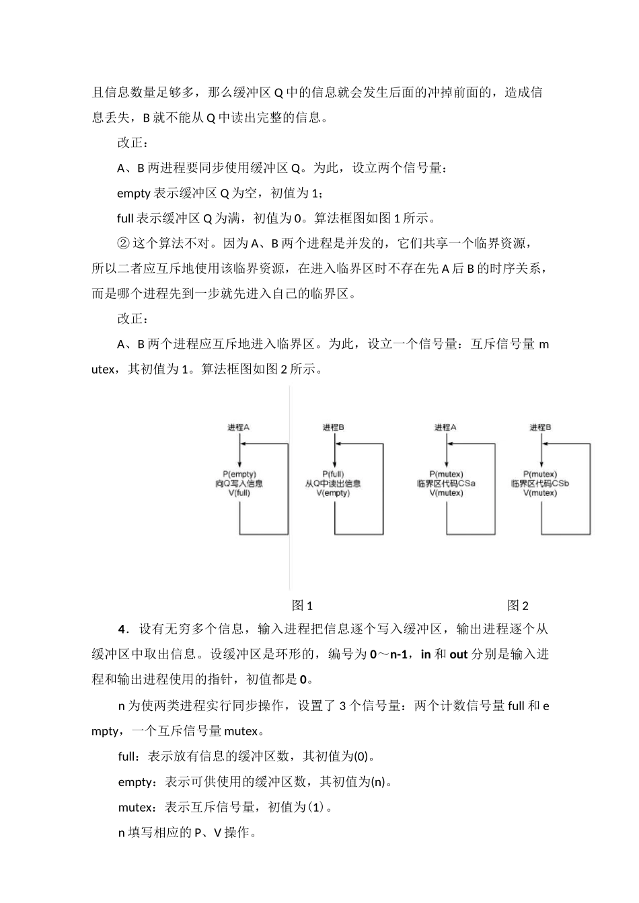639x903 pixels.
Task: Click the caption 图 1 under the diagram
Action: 302,605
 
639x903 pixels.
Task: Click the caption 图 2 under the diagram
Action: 518,605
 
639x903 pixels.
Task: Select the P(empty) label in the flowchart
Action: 239,474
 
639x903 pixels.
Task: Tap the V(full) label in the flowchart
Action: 239,493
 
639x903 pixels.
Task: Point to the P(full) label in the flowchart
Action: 333,474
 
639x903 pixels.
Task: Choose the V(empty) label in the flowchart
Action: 333,493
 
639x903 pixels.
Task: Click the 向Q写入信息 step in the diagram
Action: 239,484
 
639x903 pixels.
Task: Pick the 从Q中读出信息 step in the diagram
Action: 333,484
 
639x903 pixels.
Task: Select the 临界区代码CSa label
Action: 446,484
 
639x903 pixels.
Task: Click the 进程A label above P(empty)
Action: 239,427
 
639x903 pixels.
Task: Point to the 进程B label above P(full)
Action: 334,427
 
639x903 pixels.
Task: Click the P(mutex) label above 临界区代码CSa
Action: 446,474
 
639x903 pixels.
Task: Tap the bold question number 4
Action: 122,630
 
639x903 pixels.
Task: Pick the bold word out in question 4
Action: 458,654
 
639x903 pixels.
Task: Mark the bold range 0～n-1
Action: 389,654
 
